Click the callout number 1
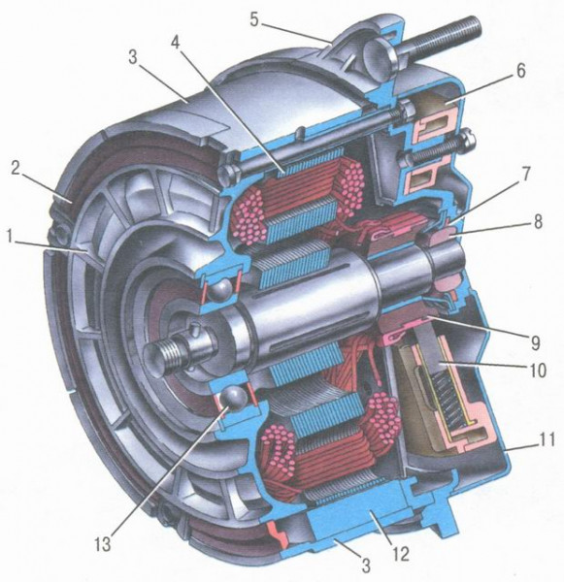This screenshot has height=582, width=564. [14, 237]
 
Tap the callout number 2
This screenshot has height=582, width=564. [16, 169]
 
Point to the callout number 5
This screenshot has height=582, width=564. [254, 19]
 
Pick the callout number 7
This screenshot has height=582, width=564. [527, 174]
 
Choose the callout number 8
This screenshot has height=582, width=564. [538, 220]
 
